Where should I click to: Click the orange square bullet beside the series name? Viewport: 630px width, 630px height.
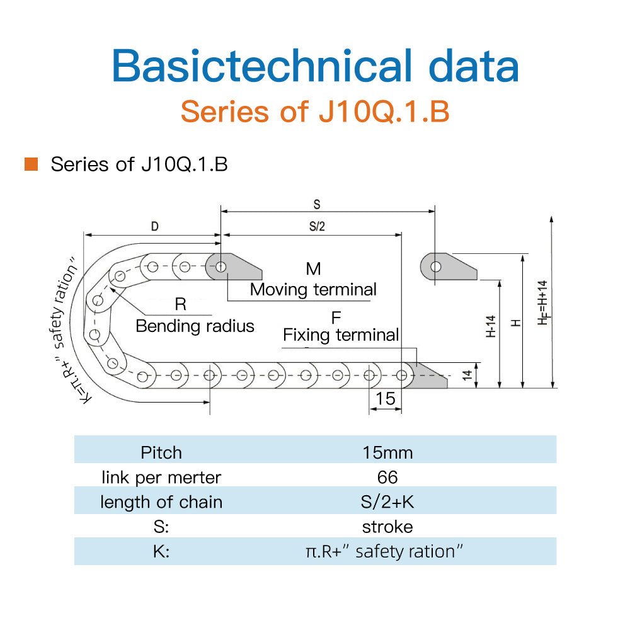point(31,164)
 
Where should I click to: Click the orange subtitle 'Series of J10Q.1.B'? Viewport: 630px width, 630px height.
point(314,112)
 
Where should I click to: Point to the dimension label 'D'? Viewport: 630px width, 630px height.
point(154,227)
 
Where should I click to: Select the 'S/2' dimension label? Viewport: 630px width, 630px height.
point(317,227)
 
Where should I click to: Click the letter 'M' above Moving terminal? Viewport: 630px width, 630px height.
point(313,269)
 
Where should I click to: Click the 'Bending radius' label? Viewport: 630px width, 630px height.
point(195,326)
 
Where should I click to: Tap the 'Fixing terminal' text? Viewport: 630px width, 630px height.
point(341,335)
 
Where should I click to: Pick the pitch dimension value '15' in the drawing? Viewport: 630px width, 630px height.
point(385,398)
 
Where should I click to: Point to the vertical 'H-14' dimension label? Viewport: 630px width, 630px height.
point(491,326)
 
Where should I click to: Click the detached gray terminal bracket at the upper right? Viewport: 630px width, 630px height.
point(449,266)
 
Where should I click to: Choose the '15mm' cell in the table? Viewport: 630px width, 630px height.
point(387,452)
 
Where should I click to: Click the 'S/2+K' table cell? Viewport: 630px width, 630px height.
point(387,502)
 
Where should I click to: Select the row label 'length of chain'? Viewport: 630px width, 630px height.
point(161,502)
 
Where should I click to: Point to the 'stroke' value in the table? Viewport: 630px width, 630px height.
point(387,527)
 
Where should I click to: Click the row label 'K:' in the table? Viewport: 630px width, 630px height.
point(161,551)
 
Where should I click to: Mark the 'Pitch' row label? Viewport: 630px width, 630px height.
point(161,452)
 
